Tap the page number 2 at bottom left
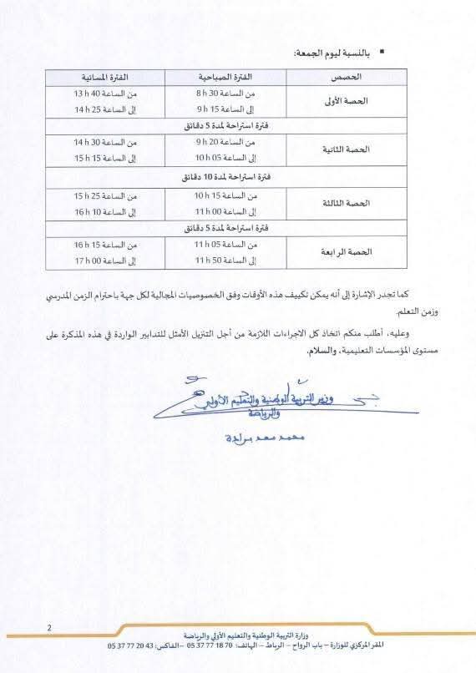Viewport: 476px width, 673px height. pos(50,628)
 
